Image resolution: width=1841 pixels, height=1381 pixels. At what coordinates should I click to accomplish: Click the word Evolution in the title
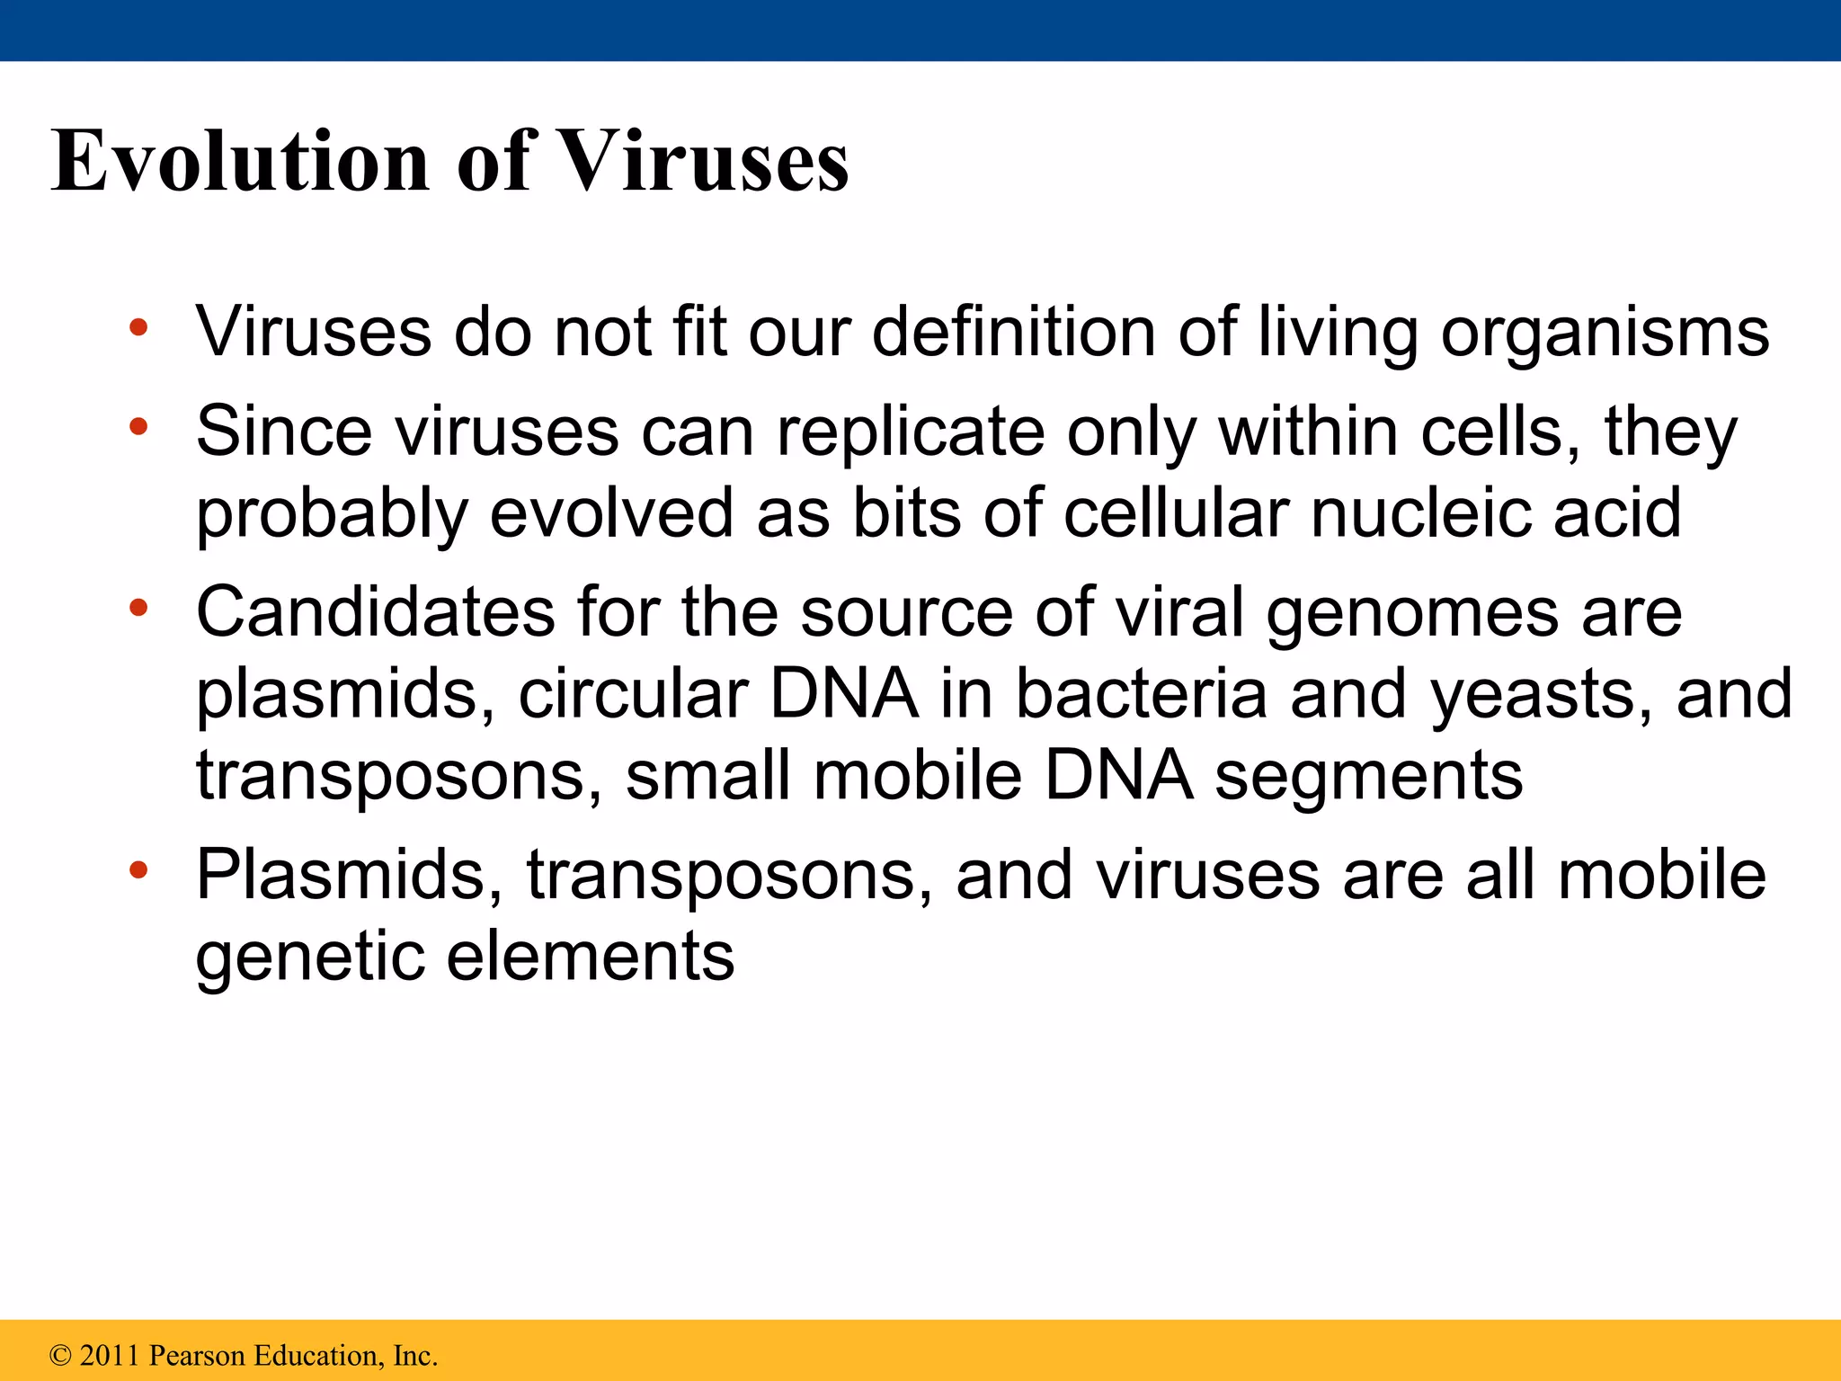pyautogui.click(x=240, y=162)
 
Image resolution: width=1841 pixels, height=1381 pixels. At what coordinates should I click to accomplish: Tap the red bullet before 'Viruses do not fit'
pyautogui.click(x=138, y=328)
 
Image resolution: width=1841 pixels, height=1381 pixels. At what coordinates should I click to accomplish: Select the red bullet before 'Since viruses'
pyautogui.click(x=138, y=427)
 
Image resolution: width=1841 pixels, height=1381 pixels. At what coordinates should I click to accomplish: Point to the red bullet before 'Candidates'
pyautogui.click(x=138, y=609)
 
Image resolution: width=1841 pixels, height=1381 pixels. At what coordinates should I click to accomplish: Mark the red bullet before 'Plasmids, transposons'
pyautogui.click(x=138, y=870)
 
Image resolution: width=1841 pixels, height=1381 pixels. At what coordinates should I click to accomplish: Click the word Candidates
pyautogui.click(x=376, y=612)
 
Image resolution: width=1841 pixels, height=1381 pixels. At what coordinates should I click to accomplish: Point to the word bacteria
pyautogui.click(x=1141, y=694)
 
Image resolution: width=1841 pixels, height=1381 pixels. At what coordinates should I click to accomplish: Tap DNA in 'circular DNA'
pyautogui.click(x=844, y=694)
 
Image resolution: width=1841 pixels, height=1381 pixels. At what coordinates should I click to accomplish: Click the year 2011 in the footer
pyautogui.click(x=111, y=1355)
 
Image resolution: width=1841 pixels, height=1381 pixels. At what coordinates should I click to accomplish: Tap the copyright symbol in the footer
pyautogui.click(x=60, y=1355)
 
